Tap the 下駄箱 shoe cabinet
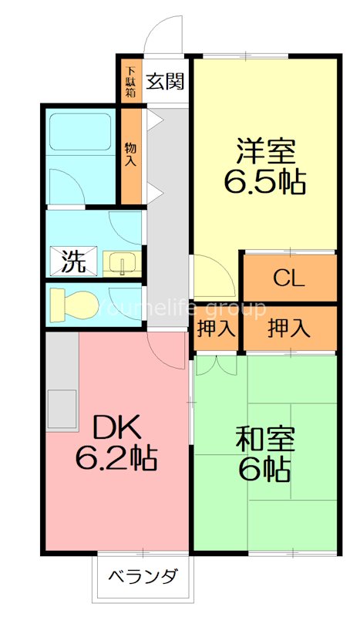click(x=130, y=81)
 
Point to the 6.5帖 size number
click(x=264, y=182)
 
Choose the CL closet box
click(x=290, y=278)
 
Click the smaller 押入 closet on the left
click(x=216, y=329)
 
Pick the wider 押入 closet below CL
click(x=290, y=329)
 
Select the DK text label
click(x=117, y=427)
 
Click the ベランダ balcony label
click(x=143, y=576)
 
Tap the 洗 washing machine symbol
click(x=73, y=261)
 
